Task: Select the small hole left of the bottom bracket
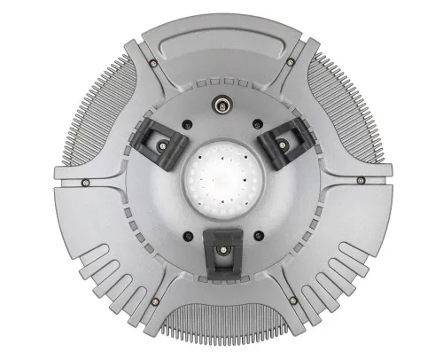point(188,235)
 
